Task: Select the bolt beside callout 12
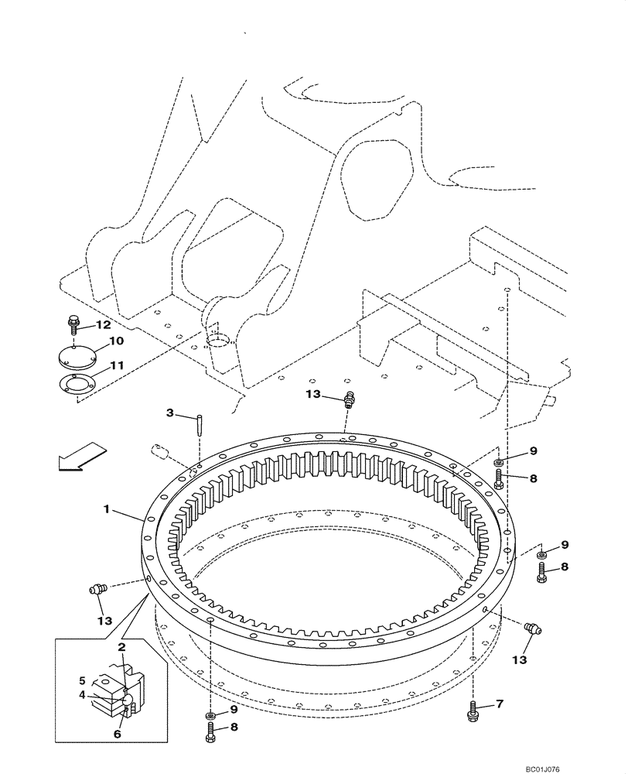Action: (x=73, y=320)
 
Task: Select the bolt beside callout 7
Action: (x=473, y=711)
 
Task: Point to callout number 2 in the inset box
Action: (x=121, y=646)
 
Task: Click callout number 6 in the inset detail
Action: (x=117, y=734)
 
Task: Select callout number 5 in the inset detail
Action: (x=82, y=681)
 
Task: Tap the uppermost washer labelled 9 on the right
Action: (x=499, y=463)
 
